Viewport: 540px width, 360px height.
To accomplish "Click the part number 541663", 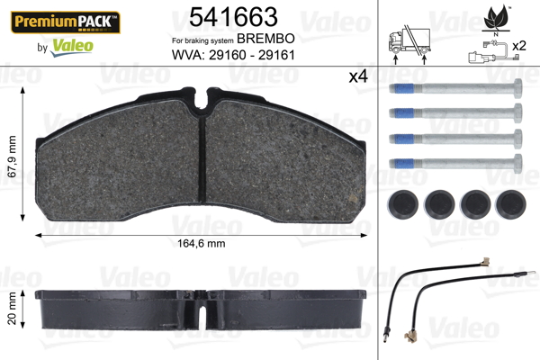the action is coord(233,17).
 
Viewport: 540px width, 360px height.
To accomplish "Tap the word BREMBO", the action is coord(265,39).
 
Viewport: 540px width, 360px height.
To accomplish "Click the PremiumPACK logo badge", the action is coord(66,22).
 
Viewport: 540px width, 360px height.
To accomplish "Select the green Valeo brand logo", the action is coord(72,47).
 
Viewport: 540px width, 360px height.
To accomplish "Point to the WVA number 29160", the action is coord(228,55).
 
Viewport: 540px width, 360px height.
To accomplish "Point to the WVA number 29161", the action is coord(276,55).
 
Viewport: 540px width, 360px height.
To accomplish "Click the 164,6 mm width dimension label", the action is coord(202,244).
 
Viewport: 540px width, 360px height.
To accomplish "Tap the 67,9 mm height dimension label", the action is coord(12,157).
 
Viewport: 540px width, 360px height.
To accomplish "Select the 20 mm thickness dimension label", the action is coord(12,309).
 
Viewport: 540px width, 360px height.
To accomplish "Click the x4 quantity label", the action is coord(358,76).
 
